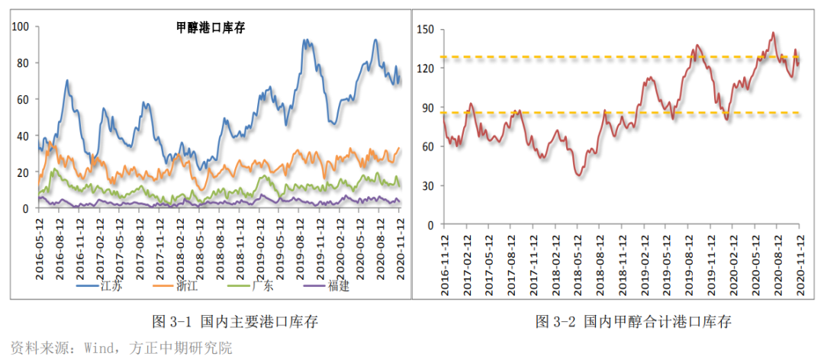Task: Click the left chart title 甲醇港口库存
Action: (210, 28)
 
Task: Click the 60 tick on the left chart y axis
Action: (23, 99)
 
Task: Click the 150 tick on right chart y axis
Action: (425, 30)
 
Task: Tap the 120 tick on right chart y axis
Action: (425, 69)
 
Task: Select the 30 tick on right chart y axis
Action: (428, 186)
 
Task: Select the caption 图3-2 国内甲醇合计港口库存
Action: (633, 321)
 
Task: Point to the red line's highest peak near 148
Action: (773, 33)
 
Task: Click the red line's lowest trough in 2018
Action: (579, 175)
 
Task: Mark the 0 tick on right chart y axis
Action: (431, 225)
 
